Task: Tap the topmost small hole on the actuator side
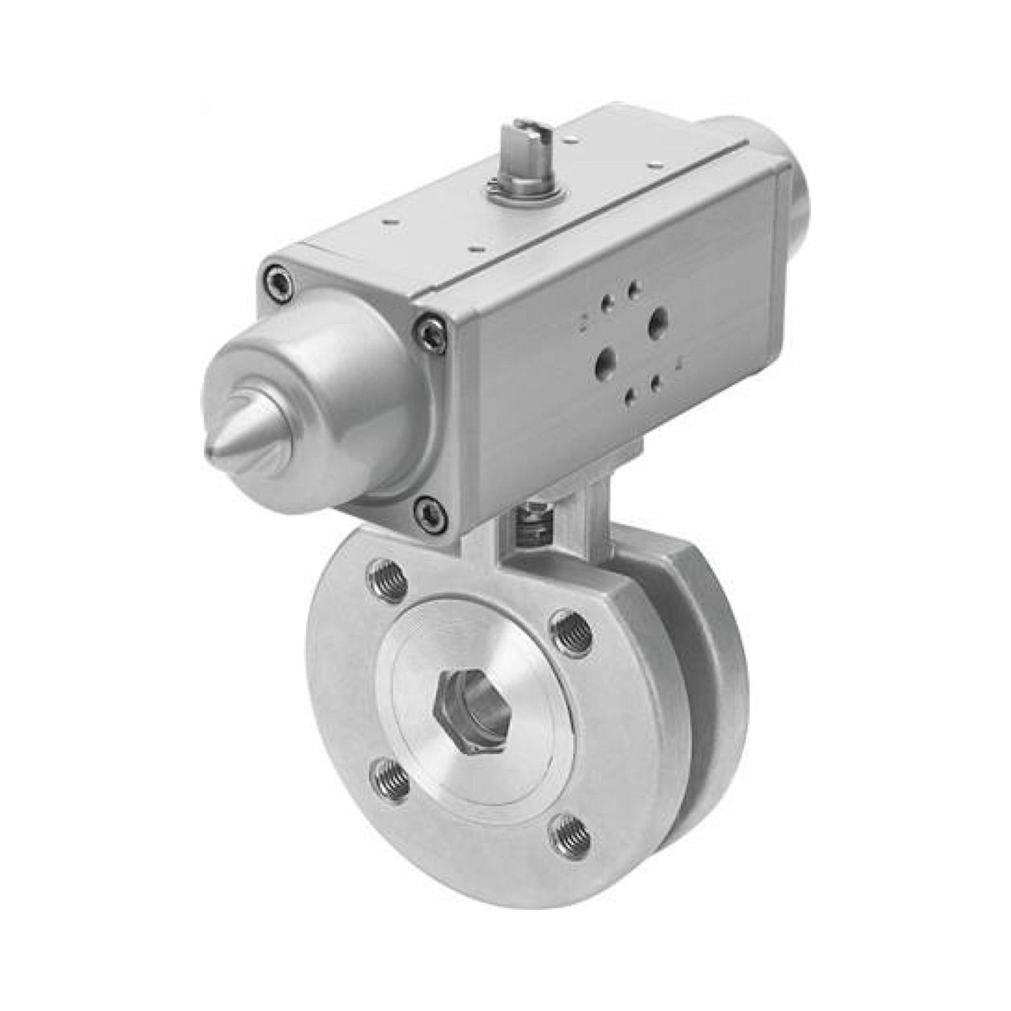point(635,289)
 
